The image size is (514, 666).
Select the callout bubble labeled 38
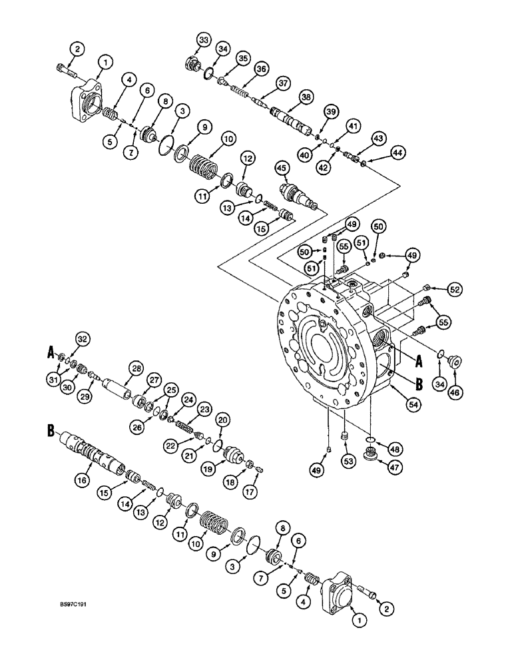tap(306, 97)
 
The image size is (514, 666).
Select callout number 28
tap(136, 368)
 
